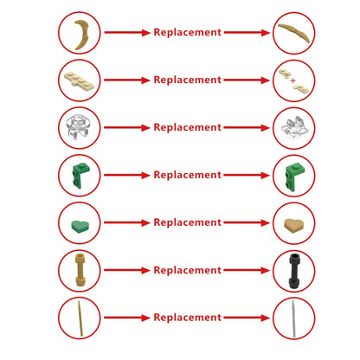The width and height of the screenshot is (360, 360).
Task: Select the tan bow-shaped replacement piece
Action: pos(294,31)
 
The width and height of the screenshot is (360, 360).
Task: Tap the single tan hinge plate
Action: pos(79,80)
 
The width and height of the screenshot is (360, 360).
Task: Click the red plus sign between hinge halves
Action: pos(293,80)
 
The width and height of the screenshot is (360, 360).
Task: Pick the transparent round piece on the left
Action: pos(78,126)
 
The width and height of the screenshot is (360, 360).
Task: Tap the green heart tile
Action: pos(80,226)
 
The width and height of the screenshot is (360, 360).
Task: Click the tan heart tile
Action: pos(293,225)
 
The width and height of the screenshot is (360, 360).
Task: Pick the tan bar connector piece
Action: pos(80,270)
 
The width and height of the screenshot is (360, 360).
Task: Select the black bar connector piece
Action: pos(294,271)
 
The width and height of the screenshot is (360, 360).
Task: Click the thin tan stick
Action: pos(80,318)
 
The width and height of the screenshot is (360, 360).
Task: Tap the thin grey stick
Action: pos(293,318)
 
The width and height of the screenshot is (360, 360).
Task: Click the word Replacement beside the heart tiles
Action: pos(188,222)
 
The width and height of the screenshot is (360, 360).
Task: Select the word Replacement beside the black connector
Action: pos(188,270)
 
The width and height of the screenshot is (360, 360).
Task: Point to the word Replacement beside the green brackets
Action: pos(188,175)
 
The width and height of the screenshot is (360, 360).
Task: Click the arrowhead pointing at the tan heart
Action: pos(265,222)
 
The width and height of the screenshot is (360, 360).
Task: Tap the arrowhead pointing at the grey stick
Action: pos(265,318)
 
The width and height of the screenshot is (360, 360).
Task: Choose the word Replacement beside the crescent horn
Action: pos(188,32)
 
